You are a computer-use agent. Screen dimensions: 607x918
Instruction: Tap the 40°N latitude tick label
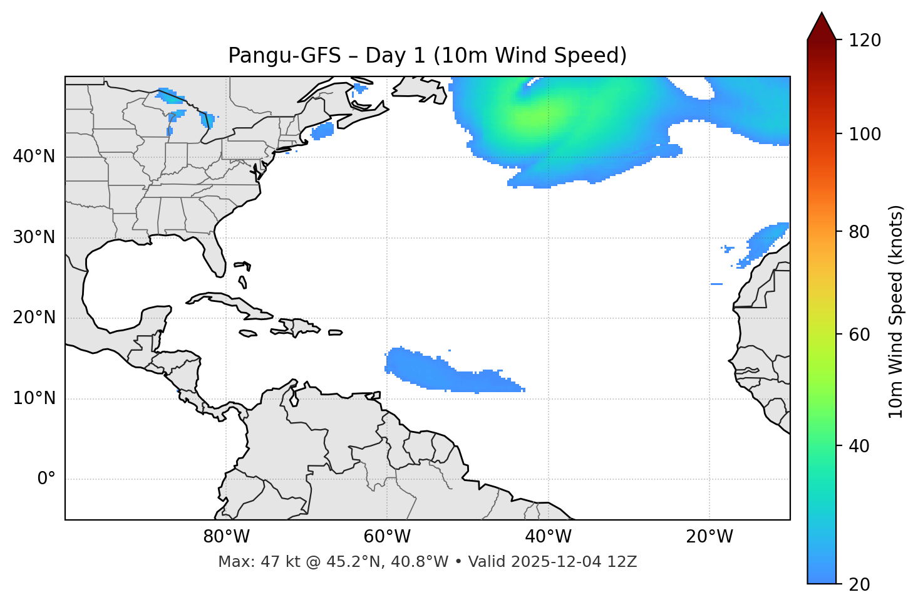(x=34, y=157)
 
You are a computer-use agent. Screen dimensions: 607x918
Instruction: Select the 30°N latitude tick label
(x=34, y=237)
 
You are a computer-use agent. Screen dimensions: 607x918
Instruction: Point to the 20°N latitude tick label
(x=34, y=318)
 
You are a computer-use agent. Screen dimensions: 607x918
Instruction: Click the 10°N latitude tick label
(x=34, y=398)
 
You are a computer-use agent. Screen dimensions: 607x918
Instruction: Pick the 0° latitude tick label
(x=46, y=479)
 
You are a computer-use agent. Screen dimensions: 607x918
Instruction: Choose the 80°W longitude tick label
(x=226, y=537)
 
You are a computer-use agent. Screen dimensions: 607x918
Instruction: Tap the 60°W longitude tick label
(x=387, y=537)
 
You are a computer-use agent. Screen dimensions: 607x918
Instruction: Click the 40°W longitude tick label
(x=549, y=537)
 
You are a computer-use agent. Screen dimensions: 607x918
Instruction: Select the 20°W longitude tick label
(x=709, y=537)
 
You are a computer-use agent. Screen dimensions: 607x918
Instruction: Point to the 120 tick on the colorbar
(x=865, y=40)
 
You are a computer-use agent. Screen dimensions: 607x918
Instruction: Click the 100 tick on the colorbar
(x=865, y=134)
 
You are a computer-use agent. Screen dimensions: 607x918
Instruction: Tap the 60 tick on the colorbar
(x=860, y=335)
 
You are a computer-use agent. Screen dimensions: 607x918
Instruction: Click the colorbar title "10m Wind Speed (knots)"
(x=896, y=311)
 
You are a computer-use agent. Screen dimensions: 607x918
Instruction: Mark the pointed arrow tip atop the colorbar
(x=822, y=14)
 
